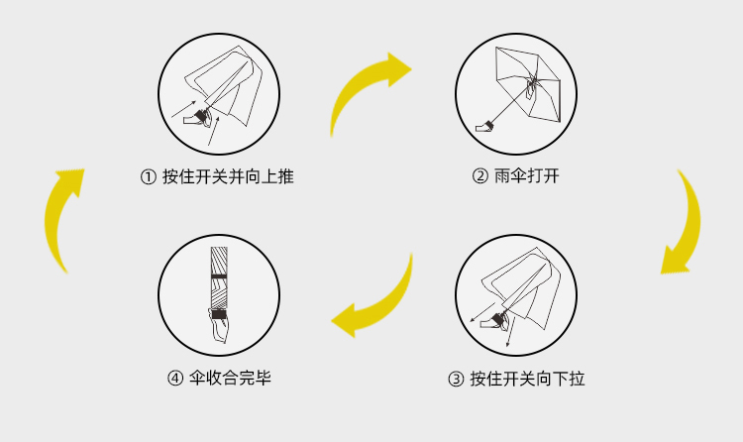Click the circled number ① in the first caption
[x=149, y=177]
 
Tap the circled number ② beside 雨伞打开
[x=480, y=176]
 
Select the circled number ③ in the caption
[x=456, y=380]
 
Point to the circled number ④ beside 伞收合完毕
[x=175, y=379]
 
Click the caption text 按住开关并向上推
[x=228, y=176]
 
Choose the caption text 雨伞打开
[x=526, y=176]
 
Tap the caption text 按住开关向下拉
[x=527, y=379]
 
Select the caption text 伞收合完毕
[x=230, y=378]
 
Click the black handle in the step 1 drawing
[x=202, y=116]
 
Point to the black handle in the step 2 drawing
[x=489, y=125]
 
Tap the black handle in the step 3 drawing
[x=498, y=319]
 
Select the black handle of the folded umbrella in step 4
[x=219, y=314]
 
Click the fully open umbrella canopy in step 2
[x=528, y=84]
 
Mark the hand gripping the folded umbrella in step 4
[x=219, y=325]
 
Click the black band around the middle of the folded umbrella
[x=219, y=276]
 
